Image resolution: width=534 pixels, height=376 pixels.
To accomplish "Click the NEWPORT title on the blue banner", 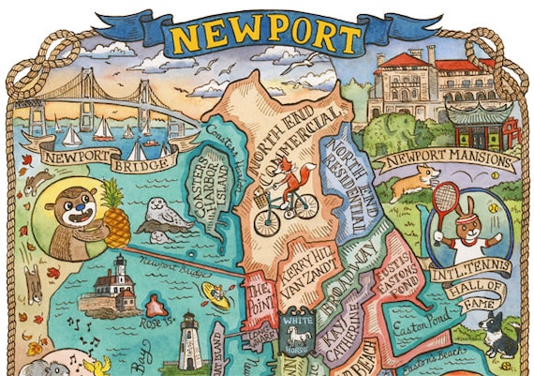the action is click(266, 37).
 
